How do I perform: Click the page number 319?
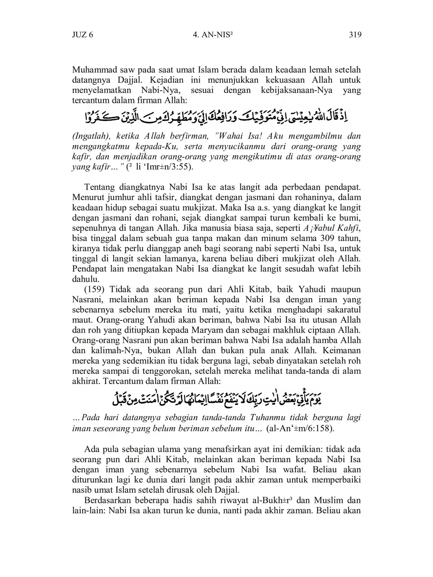click(355, 35)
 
